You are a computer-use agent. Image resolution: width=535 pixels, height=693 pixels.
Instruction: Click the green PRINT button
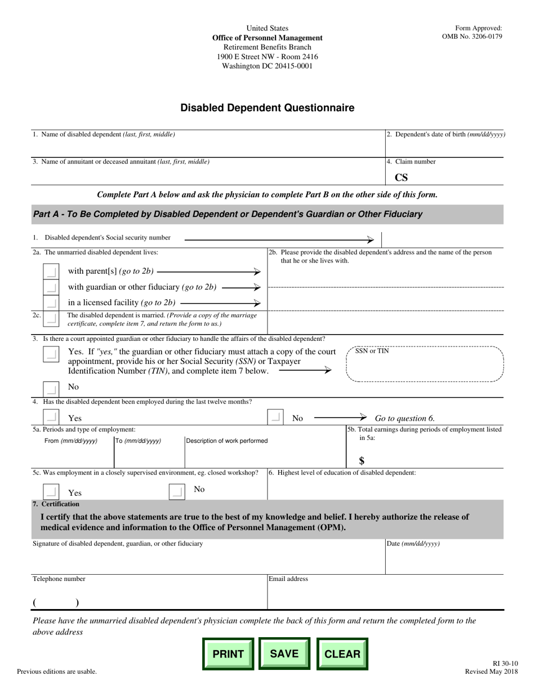[x=228, y=654]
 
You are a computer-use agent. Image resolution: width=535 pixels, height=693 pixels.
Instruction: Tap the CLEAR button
[x=342, y=654]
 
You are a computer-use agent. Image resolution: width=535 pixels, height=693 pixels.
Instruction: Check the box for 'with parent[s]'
[x=51, y=272]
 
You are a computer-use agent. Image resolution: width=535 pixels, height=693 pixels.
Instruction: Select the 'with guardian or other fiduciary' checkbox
[x=51, y=287]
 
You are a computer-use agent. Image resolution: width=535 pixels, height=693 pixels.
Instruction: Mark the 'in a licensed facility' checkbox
[x=51, y=303]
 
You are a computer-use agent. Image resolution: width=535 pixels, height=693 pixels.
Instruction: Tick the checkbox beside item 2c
[x=51, y=318]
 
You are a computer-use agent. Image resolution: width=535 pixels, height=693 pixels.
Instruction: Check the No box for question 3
[x=51, y=388]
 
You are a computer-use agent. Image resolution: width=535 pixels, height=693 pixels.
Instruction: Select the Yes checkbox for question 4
[x=51, y=417]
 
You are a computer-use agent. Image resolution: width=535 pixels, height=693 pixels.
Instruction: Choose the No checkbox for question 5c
[x=177, y=492]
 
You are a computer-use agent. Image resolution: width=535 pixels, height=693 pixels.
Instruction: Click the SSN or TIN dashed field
[x=425, y=364]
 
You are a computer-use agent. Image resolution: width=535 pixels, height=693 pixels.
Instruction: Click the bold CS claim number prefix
[x=401, y=178]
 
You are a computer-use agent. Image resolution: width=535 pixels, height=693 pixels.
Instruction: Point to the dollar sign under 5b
[x=362, y=460]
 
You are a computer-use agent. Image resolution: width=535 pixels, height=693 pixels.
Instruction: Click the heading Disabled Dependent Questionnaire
[x=267, y=108]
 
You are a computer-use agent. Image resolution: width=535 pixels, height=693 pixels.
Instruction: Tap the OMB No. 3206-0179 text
[x=472, y=37]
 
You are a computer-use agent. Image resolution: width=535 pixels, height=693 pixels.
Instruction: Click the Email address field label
[x=288, y=579]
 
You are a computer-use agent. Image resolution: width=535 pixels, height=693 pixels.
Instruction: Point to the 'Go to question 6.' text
[x=404, y=418]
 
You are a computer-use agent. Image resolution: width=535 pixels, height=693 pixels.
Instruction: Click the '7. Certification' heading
[x=56, y=504]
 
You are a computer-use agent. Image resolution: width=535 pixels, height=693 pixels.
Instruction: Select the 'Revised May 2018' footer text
[x=483, y=672]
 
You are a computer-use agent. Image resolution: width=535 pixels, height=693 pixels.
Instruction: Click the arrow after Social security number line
[x=369, y=239]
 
